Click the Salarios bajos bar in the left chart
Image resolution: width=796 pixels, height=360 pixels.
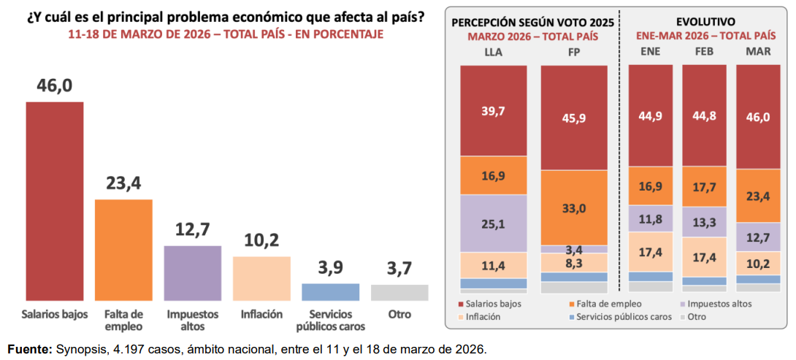point(55,201)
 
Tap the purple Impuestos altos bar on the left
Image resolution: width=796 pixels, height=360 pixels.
point(192,273)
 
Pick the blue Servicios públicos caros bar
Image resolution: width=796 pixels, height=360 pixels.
point(330,292)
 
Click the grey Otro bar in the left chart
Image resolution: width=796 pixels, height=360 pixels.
point(399,293)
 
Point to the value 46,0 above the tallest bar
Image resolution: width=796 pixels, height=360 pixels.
point(55,86)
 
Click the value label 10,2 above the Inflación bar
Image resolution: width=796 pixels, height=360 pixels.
point(261,240)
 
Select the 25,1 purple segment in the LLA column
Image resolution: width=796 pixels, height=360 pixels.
point(493,223)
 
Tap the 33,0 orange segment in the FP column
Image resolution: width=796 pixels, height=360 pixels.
point(573,207)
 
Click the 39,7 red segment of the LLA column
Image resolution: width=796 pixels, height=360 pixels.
point(493,110)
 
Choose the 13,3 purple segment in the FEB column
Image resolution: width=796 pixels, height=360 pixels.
point(704,222)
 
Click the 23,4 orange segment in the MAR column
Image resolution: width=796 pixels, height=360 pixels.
point(758,196)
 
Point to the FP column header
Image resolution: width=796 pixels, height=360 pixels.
point(573,52)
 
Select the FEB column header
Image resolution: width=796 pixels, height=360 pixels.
point(704,52)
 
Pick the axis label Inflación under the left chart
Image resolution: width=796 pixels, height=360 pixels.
point(261,315)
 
